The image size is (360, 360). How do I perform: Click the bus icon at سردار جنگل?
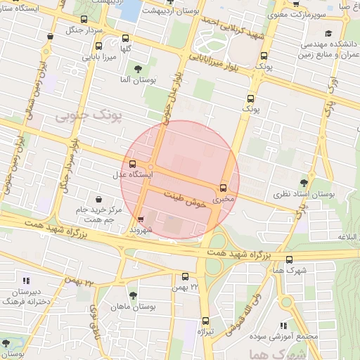coord(85,20)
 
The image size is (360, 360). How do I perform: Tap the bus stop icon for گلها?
coord(126,39)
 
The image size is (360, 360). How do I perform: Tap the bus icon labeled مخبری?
coord(224,188)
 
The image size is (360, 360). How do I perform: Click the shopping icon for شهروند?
coord(141,219)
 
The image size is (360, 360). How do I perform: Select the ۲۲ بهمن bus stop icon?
coord(185,276)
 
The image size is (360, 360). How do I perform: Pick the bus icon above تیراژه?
coord(205,320)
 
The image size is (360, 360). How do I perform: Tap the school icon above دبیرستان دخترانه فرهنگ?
coord(26,281)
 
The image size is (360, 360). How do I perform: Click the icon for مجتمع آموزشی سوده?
coord(284,326)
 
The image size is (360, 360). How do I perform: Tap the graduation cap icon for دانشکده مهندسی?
coord(328,33)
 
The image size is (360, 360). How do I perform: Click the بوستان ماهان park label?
coord(153,307)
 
